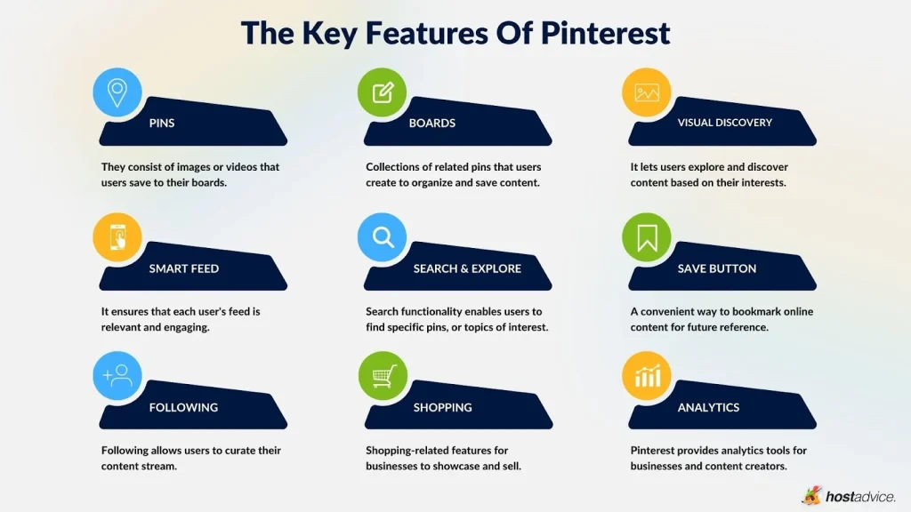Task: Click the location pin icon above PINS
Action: click(x=117, y=92)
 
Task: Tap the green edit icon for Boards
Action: click(x=383, y=92)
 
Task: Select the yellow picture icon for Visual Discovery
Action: click(x=647, y=92)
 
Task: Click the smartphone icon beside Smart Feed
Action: click(x=117, y=236)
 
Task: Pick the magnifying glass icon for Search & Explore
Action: click(x=383, y=236)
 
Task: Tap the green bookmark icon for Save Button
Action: click(x=647, y=236)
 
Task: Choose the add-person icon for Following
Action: click(x=117, y=376)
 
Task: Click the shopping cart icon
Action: click(x=383, y=376)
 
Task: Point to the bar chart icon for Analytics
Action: click(x=647, y=376)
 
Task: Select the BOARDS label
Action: click(x=432, y=123)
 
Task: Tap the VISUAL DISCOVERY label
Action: click(x=724, y=123)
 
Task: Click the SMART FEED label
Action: click(x=184, y=268)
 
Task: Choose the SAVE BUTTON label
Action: click(x=716, y=268)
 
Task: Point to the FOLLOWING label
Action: click(x=183, y=407)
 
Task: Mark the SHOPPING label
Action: click(x=442, y=407)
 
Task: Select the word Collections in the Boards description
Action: click(x=395, y=167)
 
